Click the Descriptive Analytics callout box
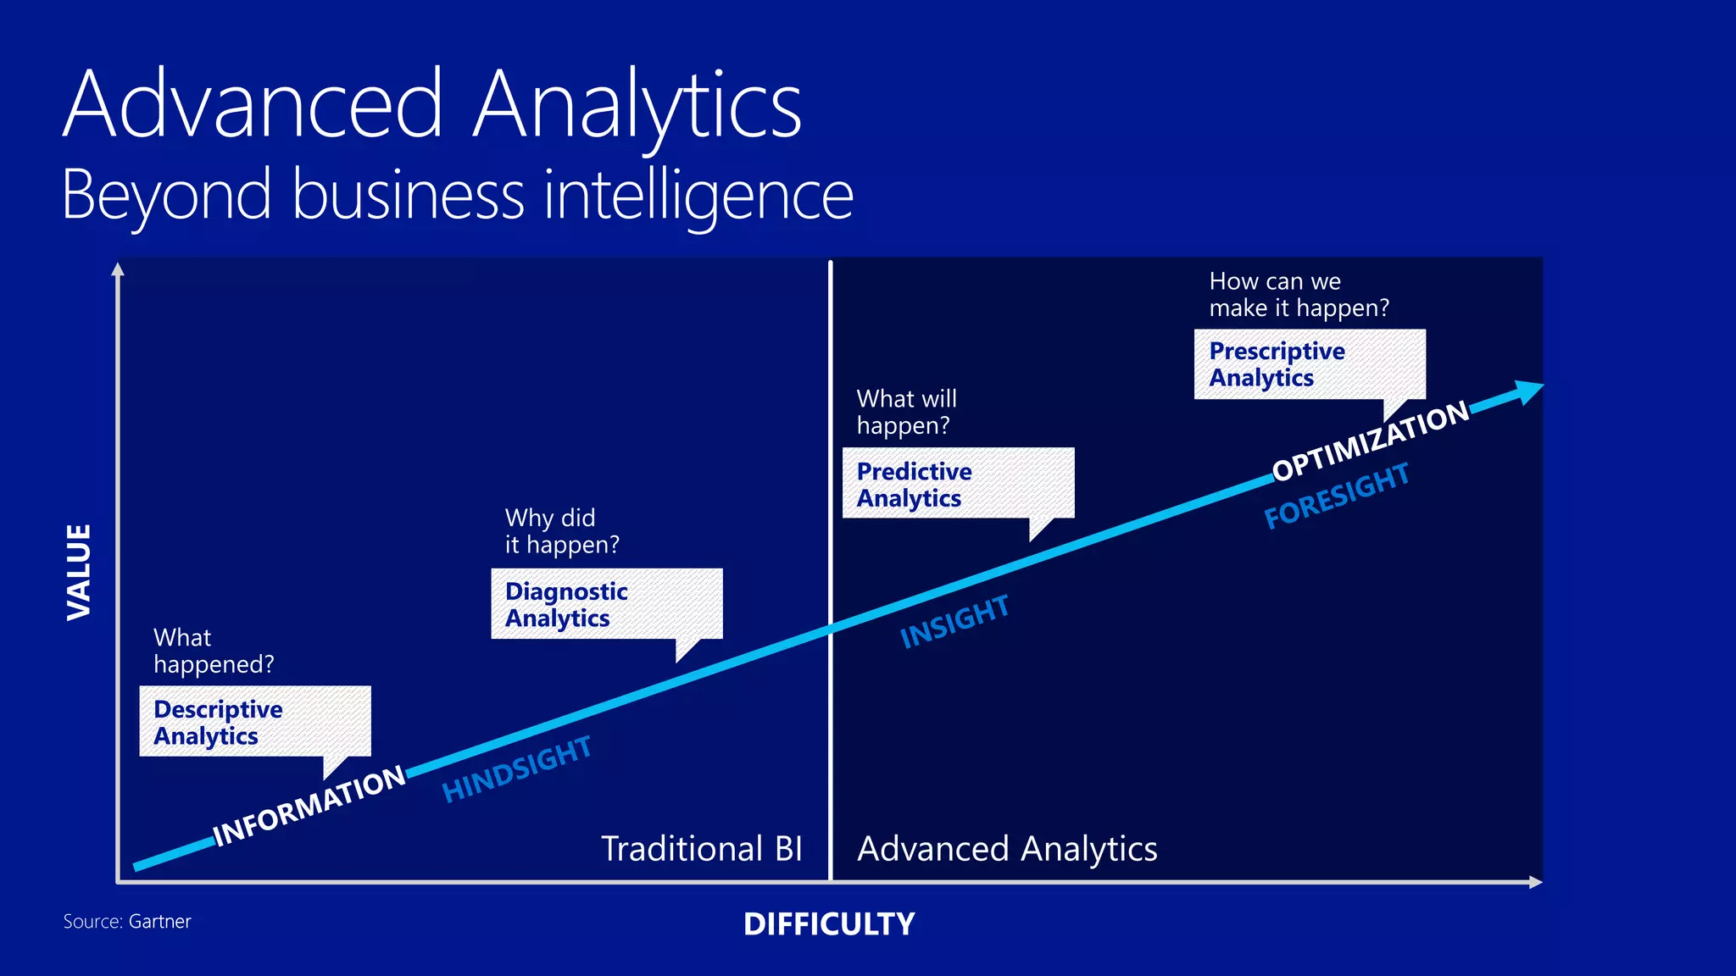point(254,721)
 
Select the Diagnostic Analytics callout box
point(606,604)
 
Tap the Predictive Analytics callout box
point(958,483)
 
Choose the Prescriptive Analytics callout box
point(1309,364)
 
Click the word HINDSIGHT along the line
point(516,768)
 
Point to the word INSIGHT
point(954,621)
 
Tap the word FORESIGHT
point(1336,495)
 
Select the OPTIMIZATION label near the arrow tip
point(1371,441)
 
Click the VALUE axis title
point(79,572)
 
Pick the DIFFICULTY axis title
point(829,923)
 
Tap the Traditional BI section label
point(701,848)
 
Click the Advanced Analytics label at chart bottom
point(1007,848)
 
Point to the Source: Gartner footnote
point(127,921)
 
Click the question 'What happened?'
point(214,651)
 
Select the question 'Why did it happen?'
point(562,531)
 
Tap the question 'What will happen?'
point(906,412)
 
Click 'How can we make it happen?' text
point(1299,294)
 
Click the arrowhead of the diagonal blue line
point(1529,391)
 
